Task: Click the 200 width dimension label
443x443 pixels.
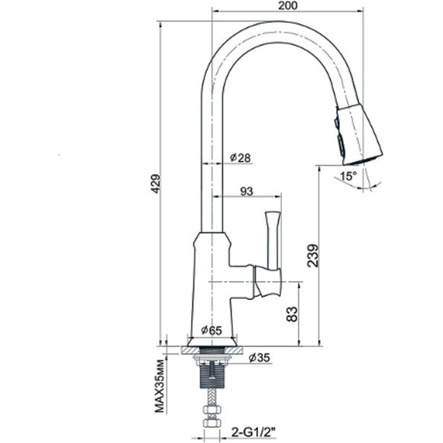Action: click(288, 5)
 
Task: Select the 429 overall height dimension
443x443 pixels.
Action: click(156, 183)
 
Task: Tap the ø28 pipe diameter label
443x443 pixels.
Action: click(241, 157)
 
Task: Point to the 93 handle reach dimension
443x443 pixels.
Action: click(247, 192)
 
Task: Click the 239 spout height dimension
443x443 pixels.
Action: click(313, 256)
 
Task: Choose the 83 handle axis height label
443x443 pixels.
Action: click(292, 314)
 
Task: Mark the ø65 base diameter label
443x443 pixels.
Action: click(212, 330)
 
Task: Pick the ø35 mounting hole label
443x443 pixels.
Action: click(260, 358)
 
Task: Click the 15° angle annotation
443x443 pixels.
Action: click(348, 176)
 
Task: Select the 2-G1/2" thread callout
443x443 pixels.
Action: click(254, 432)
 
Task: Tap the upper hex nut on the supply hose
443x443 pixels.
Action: click(212, 409)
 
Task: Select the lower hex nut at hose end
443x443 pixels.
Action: click(212, 423)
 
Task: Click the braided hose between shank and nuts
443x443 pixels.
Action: click(212, 397)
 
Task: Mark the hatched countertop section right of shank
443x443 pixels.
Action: click(234, 351)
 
